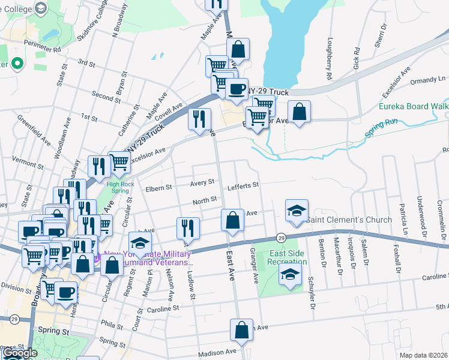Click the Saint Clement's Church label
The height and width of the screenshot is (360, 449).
pos(349,220)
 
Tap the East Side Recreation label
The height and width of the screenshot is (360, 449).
pos(287,258)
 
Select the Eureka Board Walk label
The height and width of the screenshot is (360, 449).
pos(413,107)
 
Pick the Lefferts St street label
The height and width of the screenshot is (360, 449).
pos(243,186)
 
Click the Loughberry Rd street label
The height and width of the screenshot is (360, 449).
pos(329,60)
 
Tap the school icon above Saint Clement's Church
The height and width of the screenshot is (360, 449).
pos(297,211)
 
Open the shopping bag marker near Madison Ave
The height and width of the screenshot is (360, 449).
pos(241,329)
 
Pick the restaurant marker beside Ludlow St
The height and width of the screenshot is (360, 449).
pos(188,228)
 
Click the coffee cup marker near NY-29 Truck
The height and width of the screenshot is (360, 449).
pos(237,89)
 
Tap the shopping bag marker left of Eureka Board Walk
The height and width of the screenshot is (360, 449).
pos(299,112)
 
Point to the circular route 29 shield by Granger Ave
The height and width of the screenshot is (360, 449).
pos(281,238)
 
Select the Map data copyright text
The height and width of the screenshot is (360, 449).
pos(424,355)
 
